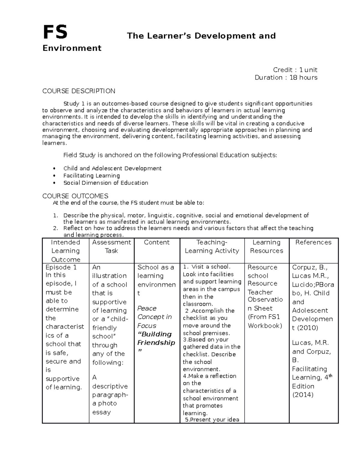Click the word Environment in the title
(72, 48)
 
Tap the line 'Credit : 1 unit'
(295, 70)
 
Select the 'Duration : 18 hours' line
(286, 77)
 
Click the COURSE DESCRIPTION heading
(79, 91)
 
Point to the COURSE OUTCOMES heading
(75, 196)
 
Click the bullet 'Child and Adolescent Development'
(112, 168)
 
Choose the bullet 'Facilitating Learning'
(91, 176)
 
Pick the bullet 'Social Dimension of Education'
(106, 183)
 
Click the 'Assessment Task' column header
(111, 246)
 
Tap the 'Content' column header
(157, 242)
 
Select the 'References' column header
(313, 242)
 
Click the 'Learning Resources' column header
(266, 246)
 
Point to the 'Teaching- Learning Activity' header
(212, 246)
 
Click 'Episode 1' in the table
(61, 267)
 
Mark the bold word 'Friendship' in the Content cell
(156, 343)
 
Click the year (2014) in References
(303, 395)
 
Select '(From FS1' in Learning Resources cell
(264, 317)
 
